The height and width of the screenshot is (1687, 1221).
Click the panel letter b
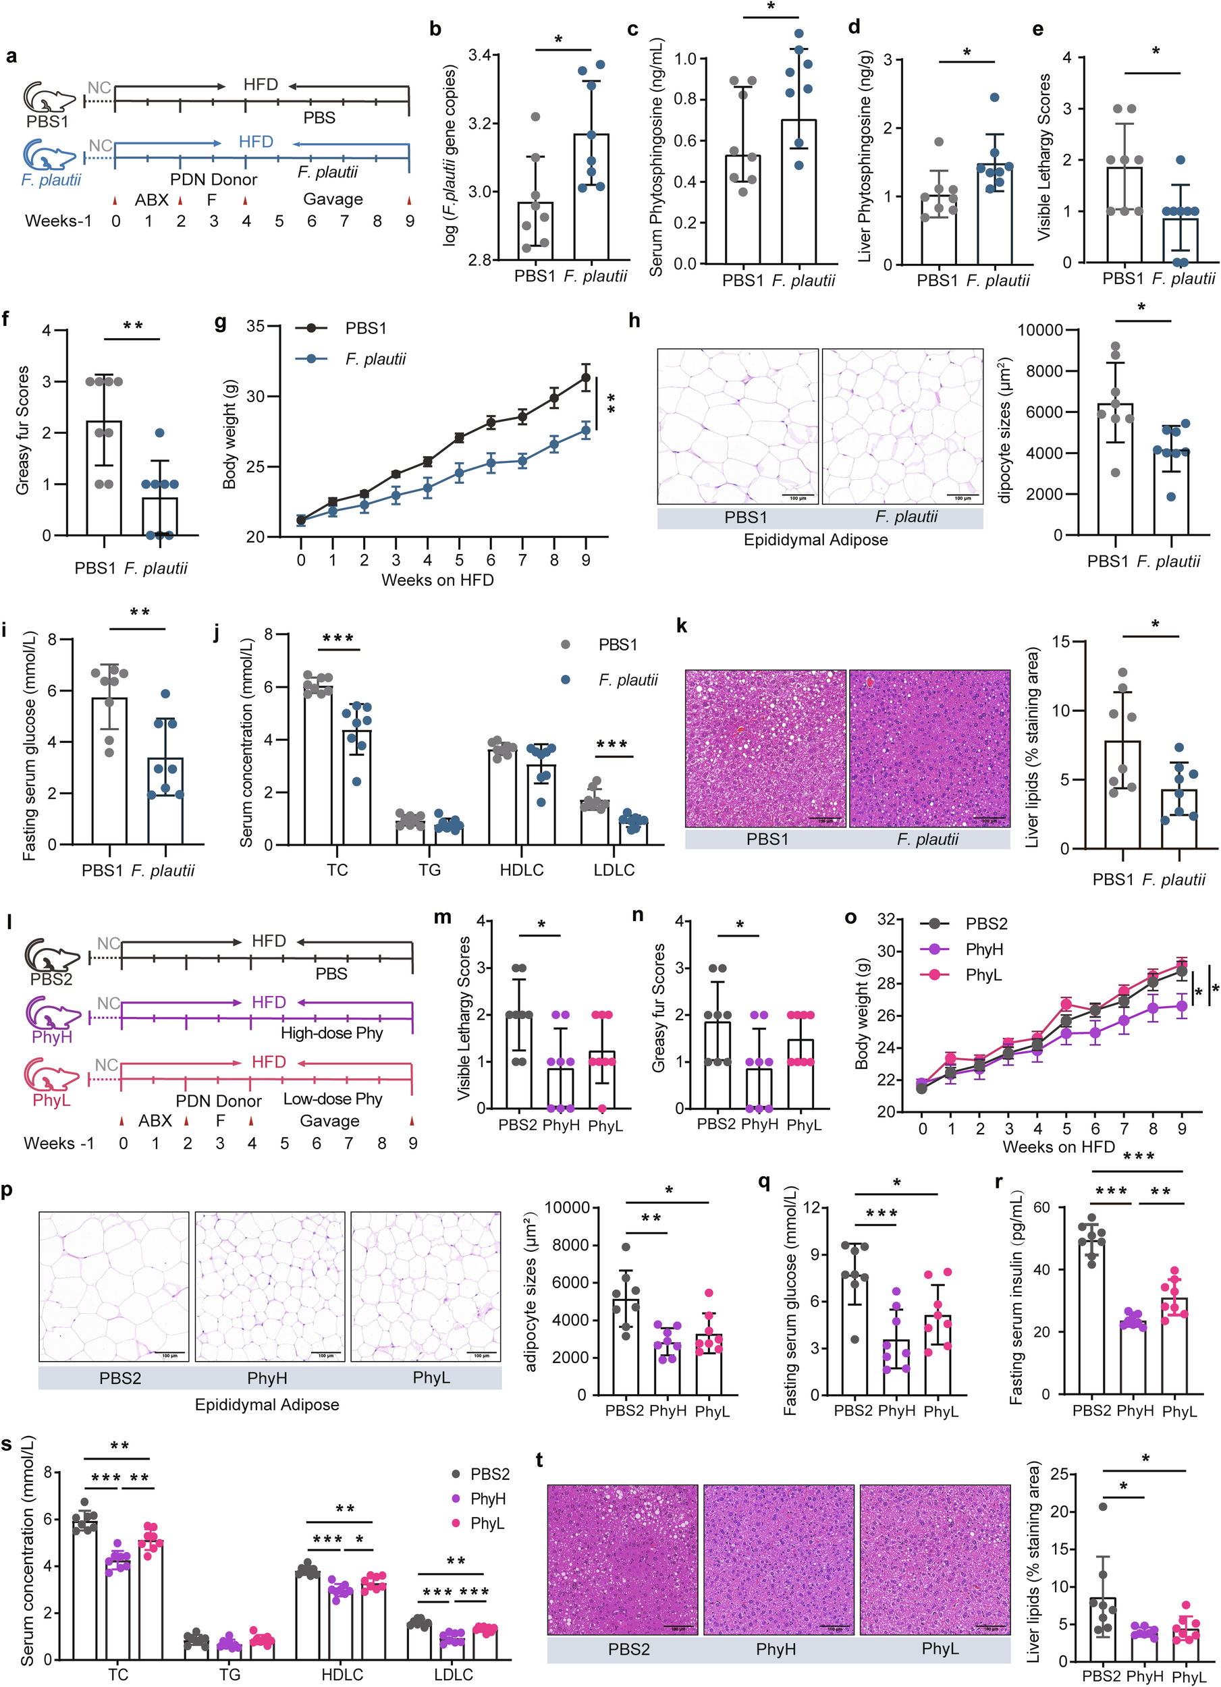[435, 30]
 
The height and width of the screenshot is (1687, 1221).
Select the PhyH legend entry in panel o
[983, 950]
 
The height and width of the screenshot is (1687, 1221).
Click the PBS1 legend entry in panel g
[365, 328]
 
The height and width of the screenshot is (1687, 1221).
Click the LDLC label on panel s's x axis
[453, 1674]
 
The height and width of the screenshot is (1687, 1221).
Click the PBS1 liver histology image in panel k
[765, 748]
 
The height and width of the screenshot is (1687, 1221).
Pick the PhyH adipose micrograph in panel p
[270, 1286]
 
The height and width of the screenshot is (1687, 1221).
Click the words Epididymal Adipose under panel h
[815, 540]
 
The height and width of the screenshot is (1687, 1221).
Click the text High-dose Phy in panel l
[332, 1033]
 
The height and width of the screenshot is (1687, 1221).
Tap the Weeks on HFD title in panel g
[437, 580]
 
